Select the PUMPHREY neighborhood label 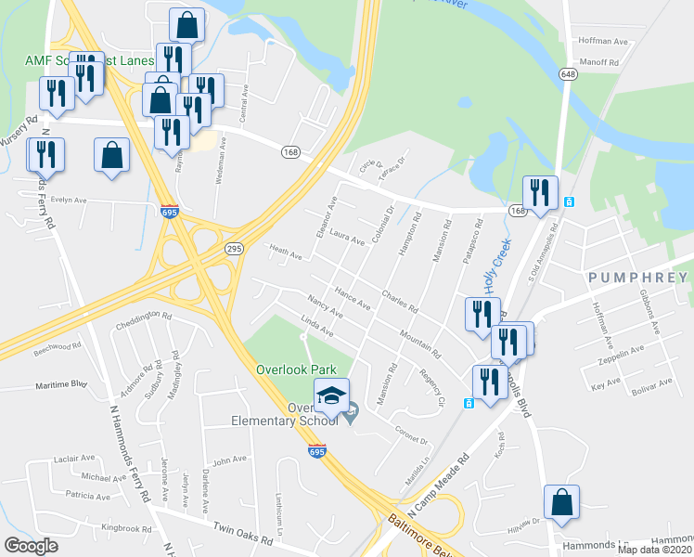tap(636, 278)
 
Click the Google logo tap(31, 546)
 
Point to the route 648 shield tap(568, 72)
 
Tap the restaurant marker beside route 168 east tap(539, 193)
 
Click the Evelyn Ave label tap(69, 200)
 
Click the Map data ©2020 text tap(654, 550)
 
